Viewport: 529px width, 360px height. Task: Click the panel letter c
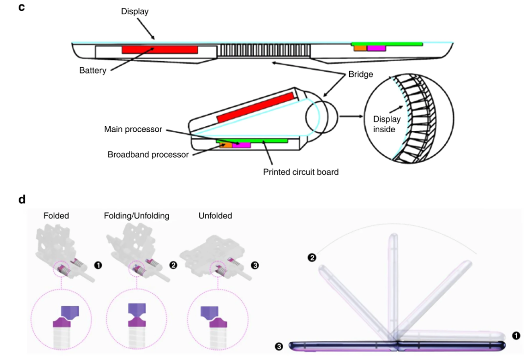22,7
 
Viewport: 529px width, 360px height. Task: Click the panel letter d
22,199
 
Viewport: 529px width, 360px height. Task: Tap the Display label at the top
135,11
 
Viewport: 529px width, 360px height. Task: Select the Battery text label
93,71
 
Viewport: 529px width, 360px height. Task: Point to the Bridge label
361,74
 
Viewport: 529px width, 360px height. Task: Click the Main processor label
133,129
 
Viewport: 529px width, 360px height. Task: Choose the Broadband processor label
148,154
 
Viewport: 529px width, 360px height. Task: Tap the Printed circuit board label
301,172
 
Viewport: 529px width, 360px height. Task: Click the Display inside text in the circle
386,124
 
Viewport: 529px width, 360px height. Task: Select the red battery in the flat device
160,49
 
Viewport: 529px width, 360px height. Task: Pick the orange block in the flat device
361,48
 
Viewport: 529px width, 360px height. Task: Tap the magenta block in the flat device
376,48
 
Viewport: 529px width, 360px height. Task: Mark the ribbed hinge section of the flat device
264,50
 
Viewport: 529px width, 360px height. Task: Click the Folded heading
56,216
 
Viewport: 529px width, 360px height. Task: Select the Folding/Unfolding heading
136,216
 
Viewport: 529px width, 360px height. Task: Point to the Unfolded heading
215,216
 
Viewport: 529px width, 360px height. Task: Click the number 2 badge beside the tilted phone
312,258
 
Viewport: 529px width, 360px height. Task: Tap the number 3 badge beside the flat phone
279,346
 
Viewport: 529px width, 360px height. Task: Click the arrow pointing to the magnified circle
351,117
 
